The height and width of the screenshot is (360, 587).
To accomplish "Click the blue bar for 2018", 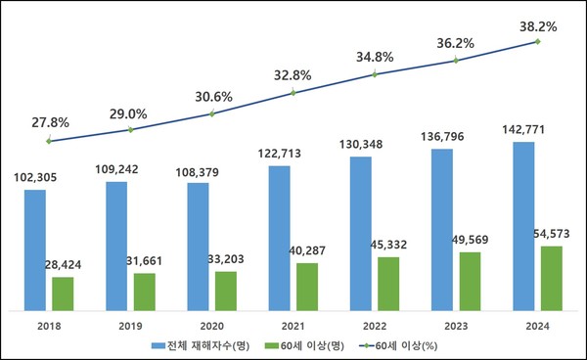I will pos(35,248).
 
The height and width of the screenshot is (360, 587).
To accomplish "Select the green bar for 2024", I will pos(551,277).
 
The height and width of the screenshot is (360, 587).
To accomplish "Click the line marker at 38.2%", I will pos(537,41).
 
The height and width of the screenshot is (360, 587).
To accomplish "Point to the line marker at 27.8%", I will pos(49,141).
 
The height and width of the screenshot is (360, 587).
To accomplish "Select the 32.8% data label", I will pos(293,73).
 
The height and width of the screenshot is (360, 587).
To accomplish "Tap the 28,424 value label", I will pos(63,264).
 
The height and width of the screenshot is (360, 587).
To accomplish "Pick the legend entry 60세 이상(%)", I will pos(405,345).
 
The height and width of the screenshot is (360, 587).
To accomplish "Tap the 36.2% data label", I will pos(455,43).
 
